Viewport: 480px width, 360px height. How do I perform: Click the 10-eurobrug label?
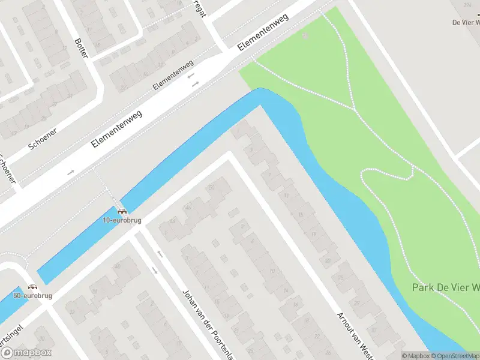122,220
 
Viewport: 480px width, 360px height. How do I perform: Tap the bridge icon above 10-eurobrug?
122,211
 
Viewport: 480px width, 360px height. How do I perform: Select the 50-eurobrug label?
32,296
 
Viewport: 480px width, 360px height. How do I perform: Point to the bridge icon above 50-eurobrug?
32,287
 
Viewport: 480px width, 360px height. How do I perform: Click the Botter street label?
81,47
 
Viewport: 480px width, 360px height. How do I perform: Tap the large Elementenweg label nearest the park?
263,31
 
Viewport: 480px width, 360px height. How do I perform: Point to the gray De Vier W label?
466,23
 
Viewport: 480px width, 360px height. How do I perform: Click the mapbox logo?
26,352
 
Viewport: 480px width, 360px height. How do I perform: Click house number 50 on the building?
211,188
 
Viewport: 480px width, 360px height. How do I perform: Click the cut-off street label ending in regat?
200,8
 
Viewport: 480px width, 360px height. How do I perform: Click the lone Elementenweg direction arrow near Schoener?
71,172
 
